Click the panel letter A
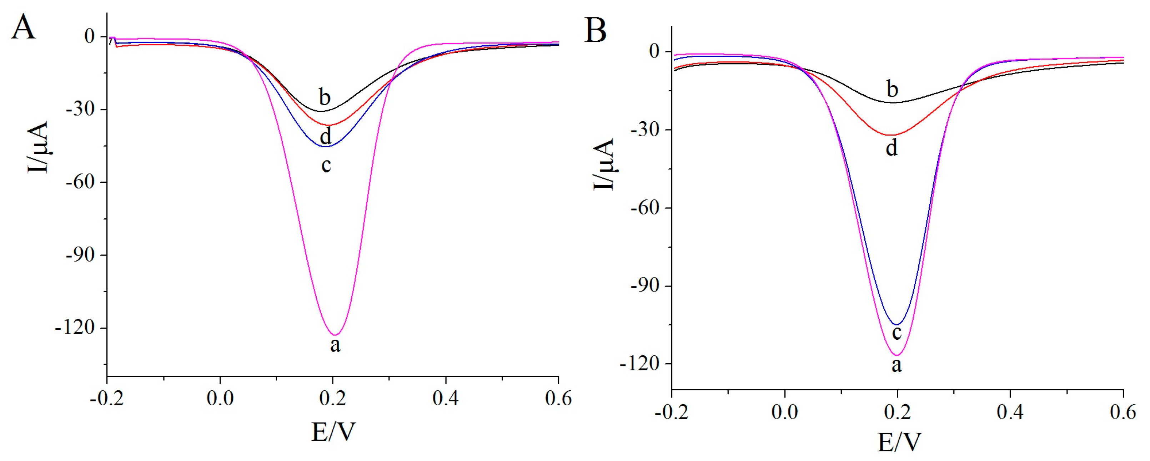pos(23,28)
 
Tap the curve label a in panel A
pos(335,345)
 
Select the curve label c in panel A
pos(326,165)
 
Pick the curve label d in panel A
pos(326,137)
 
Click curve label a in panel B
pos(897,365)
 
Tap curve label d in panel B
pos(892,148)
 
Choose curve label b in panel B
pos(892,89)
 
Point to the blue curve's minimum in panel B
pos(897,324)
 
